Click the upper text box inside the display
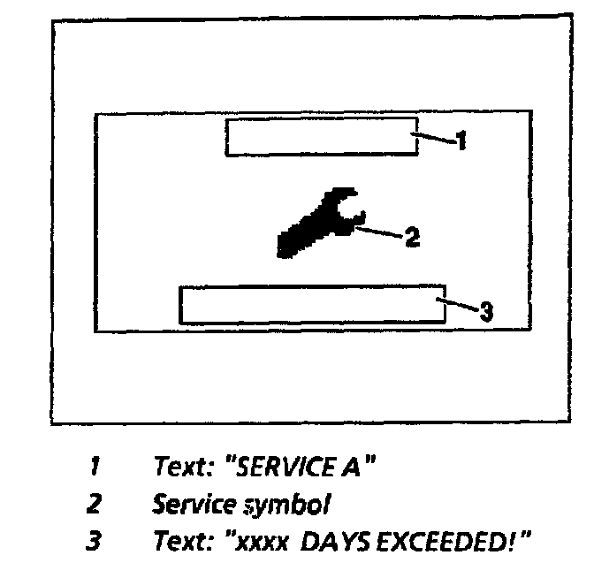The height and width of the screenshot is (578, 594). click(322, 136)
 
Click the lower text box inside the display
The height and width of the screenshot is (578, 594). click(311, 305)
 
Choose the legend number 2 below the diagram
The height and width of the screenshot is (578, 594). click(94, 506)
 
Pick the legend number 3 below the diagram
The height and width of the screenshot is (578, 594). click(94, 540)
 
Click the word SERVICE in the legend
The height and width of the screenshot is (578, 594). click(282, 467)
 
